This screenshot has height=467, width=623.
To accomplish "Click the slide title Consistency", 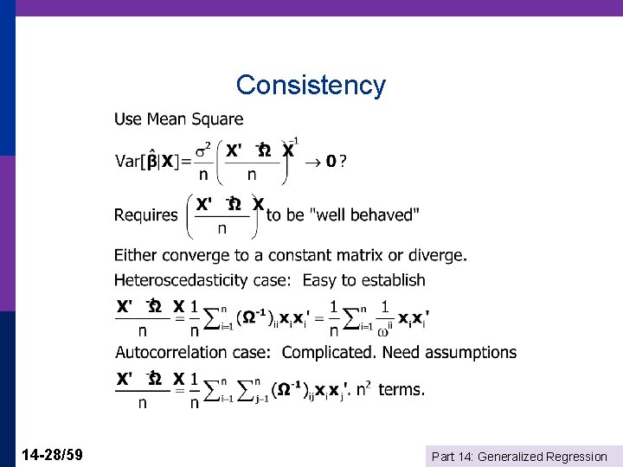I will (311, 85).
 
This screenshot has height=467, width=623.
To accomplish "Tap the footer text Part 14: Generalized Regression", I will (519, 456).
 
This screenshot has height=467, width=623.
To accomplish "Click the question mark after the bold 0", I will (344, 162).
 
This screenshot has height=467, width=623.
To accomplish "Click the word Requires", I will (145, 214).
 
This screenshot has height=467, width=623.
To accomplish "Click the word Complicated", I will (329, 352).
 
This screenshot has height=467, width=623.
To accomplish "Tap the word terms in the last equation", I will (401, 389).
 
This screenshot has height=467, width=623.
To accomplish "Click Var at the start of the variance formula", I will (128, 162).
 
